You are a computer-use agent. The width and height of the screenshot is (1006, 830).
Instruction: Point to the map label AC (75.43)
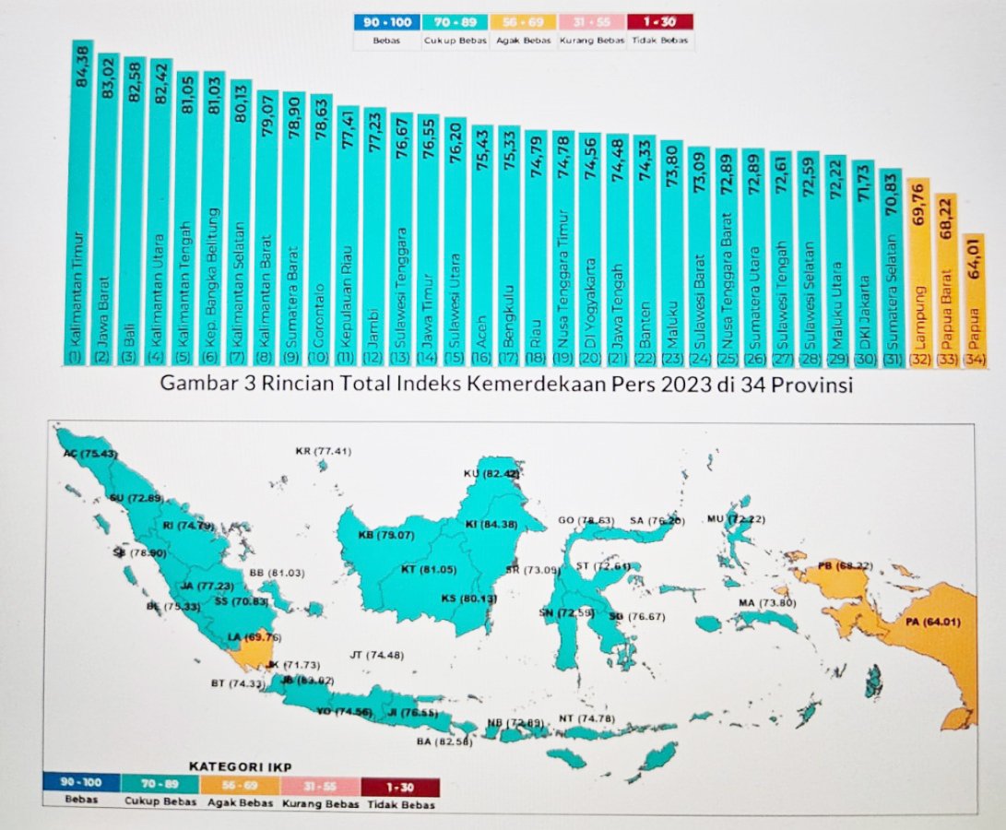tap(89, 453)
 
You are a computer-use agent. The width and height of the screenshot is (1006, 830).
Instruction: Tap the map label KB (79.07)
tap(386, 535)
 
